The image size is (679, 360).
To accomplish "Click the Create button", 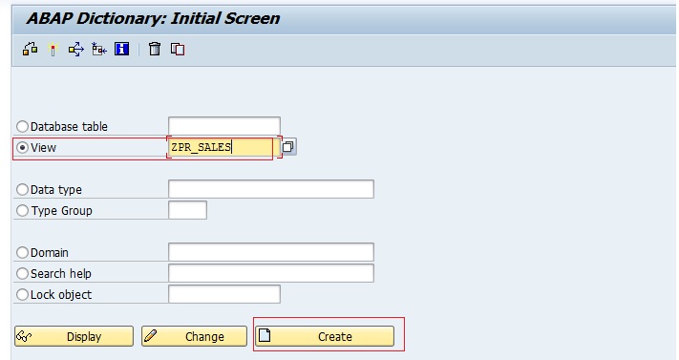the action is [325, 336].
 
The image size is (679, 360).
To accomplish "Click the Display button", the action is [74, 336].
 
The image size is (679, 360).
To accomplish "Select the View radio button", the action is [23, 148].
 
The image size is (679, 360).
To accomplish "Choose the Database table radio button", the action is [23, 127].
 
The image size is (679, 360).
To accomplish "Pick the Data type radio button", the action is [23, 190].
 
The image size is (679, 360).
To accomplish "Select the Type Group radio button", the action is [23, 211].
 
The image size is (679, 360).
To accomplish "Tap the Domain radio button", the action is [23, 253].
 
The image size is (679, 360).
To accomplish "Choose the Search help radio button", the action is [23, 274].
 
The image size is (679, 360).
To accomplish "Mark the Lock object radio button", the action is [23, 295].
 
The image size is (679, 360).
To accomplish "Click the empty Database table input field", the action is [223, 126].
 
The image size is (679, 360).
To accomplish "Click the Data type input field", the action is [270, 189].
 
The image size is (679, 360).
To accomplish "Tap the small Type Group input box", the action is [187, 210].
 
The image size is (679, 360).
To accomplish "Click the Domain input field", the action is [270, 252].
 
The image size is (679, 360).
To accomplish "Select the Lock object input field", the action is [223, 294].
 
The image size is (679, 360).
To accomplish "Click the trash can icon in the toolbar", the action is [155, 50].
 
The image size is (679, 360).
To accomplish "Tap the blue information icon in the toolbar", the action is [122, 50].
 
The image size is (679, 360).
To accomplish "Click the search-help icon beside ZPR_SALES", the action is [288, 147].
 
